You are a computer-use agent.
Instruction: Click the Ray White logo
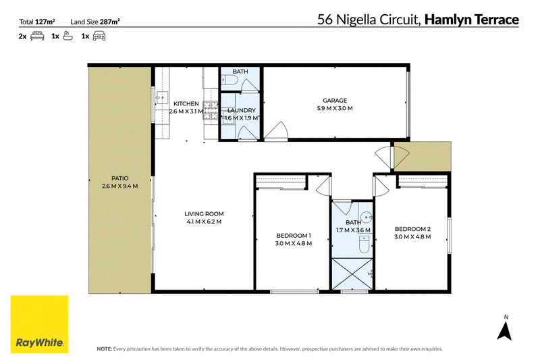[39, 324]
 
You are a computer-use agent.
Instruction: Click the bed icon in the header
[37, 36]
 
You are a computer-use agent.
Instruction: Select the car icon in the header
[99, 36]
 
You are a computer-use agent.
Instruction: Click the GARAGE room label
[335, 101]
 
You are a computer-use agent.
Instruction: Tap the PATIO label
[120, 178]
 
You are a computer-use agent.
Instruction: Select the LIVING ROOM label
[204, 214]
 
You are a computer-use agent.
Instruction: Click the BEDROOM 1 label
[294, 236]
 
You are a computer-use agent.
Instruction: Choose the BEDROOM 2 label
[412, 229]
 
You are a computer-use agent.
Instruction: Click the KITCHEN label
[186, 104]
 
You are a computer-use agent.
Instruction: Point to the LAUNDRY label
[242, 110]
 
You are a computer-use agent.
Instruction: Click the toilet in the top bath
[230, 80]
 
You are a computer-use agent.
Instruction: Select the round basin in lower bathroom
[367, 217]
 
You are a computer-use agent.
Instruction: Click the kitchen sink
[161, 98]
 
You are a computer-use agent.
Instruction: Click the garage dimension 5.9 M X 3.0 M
[335, 108]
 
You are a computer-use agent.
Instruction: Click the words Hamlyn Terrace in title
[471, 20]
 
